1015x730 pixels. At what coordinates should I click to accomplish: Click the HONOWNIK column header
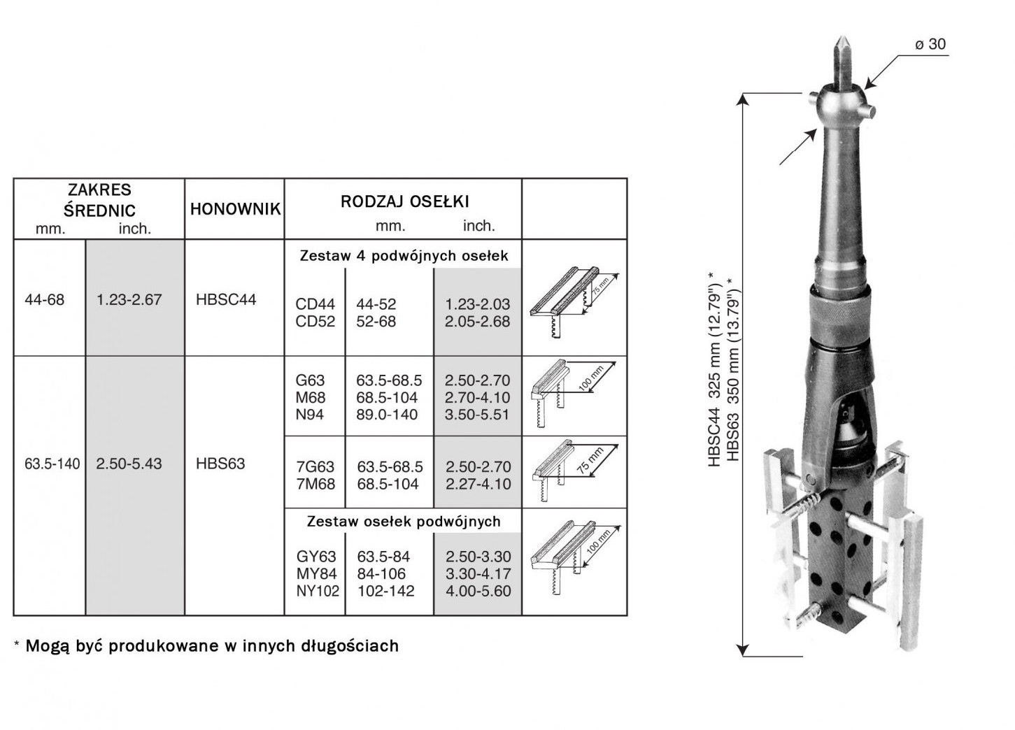235,209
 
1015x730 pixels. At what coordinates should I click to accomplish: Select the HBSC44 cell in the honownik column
226,299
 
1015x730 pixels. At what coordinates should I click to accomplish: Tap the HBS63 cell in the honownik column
220,464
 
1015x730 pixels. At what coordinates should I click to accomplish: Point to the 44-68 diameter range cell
44,299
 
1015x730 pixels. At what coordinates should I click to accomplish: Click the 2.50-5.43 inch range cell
129,464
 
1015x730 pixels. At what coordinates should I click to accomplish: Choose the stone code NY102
318,591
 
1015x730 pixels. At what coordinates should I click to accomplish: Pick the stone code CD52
315,322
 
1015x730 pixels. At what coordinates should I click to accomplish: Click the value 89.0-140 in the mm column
387,415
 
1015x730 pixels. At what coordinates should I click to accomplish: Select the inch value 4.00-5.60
478,591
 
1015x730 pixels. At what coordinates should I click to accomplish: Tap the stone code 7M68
315,484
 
